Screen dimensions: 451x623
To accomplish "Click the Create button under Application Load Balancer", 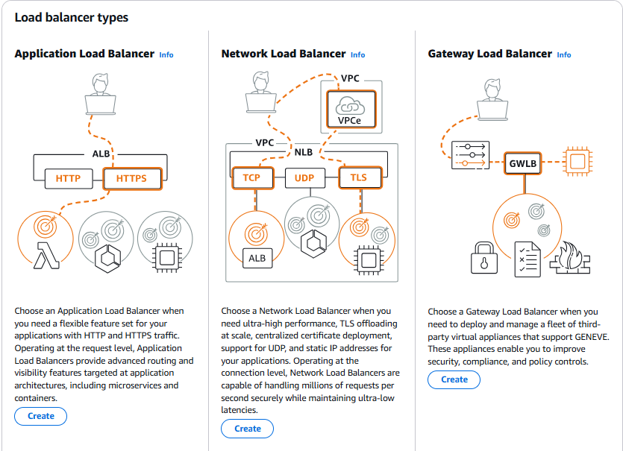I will pyautogui.click(x=40, y=416).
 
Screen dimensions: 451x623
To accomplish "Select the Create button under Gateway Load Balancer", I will pyautogui.click(x=454, y=379).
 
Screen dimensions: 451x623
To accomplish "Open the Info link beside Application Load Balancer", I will pyautogui.click(x=166, y=54).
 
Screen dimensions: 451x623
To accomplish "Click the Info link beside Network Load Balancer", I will pyautogui.click(x=357, y=54).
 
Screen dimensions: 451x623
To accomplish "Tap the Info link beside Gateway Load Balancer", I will pyautogui.click(x=564, y=54).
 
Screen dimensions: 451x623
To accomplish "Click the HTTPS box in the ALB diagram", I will pyautogui.click(x=131, y=179).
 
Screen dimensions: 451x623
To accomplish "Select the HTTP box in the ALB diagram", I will pyautogui.click(x=69, y=179).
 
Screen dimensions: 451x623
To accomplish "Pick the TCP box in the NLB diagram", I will pyautogui.click(x=251, y=178).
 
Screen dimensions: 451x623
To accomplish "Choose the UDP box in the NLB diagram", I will pyautogui.click(x=304, y=178).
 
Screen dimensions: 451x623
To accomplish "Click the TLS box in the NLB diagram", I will pyautogui.click(x=359, y=178).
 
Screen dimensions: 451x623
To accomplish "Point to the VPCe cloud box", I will pyautogui.click(x=348, y=109).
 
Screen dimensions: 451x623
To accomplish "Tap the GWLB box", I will pyautogui.click(x=523, y=163).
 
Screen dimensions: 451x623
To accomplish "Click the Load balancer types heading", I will pyautogui.click(x=71, y=17).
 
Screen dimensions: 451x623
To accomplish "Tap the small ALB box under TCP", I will pyautogui.click(x=257, y=259).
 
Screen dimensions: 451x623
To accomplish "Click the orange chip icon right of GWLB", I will pyautogui.click(x=576, y=161).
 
